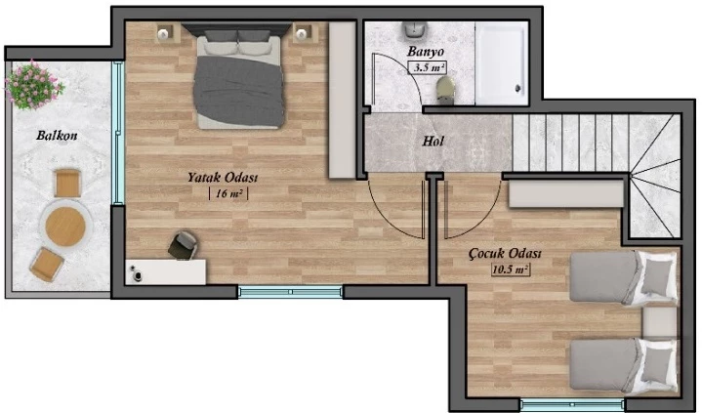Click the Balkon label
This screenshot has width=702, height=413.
click(x=57, y=136)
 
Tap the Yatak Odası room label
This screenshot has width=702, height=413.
click(x=223, y=178)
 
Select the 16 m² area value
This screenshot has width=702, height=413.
click(x=228, y=193)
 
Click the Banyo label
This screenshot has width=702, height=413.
click(x=426, y=52)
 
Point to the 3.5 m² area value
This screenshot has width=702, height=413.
click(x=428, y=68)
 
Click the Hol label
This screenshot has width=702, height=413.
click(x=434, y=142)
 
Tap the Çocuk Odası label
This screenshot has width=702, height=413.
click(x=505, y=254)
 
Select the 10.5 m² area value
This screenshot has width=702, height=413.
click(x=511, y=269)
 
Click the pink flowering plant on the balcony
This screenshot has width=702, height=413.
click(x=34, y=85)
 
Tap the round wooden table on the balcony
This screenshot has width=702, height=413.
click(x=65, y=227)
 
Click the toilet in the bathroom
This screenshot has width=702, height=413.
click(x=445, y=90)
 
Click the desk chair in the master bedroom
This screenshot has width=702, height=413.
click(x=184, y=245)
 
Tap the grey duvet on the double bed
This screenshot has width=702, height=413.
click(x=239, y=91)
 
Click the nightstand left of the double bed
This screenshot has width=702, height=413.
click(x=164, y=33)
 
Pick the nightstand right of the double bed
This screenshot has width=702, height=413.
click(x=303, y=32)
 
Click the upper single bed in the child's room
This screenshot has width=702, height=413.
click(x=624, y=277)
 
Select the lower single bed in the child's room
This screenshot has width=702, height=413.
click(x=624, y=365)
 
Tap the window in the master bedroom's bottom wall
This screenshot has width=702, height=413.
click(x=290, y=292)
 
